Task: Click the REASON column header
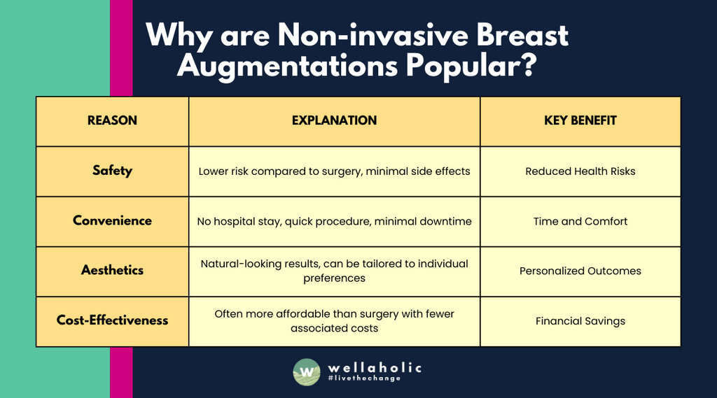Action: pyautogui.click(x=112, y=120)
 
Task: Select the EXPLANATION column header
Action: pyautogui.click(x=334, y=120)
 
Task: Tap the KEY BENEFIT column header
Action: pyautogui.click(x=580, y=120)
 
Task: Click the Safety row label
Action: pyautogui.click(x=112, y=171)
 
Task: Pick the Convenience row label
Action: pyautogui.click(x=112, y=221)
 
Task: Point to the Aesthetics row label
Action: pyautogui.click(x=112, y=271)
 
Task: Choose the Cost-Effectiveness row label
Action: pyautogui.click(x=112, y=320)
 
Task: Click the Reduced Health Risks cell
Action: pyautogui.click(x=580, y=171)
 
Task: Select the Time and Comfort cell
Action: pyautogui.click(x=580, y=221)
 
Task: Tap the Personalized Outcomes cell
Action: pyautogui.click(x=580, y=271)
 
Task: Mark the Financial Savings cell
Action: pyautogui.click(x=580, y=321)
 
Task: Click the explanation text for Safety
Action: pyautogui.click(x=334, y=171)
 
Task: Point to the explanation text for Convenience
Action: pyautogui.click(x=334, y=221)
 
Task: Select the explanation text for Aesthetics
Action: pyautogui.click(x=334, y=271)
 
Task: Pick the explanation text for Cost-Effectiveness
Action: pyautogui.click(x=334, y=321)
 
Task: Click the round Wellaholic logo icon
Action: pyautogui.click(x=306, y=371)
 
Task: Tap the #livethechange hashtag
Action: pyautogui.click(x=364, y=379)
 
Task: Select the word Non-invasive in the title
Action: pyautogui.click(x=363, y=35)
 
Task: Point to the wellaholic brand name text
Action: pyautogui.click(x=375, y=367)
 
